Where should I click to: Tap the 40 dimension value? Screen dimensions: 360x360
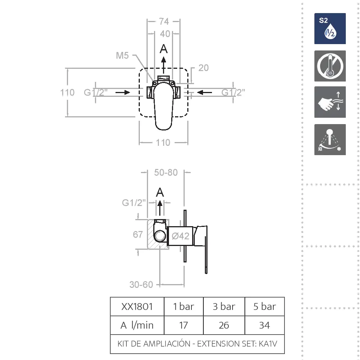[x=165, y=34]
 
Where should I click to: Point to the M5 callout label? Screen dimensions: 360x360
[x=122, y=56]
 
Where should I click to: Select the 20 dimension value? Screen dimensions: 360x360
[x=203, y=68]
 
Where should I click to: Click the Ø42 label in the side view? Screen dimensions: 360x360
[x=181, y=236]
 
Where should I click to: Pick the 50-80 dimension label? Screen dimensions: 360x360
[x=166, y=173]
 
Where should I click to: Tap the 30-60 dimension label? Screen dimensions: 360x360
[x=141, y=284]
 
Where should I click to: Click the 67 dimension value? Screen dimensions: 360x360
[x=138, y=234]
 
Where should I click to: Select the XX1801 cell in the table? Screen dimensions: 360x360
[x=137, y=307]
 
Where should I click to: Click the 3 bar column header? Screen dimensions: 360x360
[x=224, y=307]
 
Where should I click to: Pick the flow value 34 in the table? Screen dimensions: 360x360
[x=264, y=325]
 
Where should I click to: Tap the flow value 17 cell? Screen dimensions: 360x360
[x=183, y=325]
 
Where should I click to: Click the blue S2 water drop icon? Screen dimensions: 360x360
[x=330, y=29]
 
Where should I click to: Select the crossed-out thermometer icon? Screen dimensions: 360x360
[x=330, y=66]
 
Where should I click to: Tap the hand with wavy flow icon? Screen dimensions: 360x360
[x=330, y=102]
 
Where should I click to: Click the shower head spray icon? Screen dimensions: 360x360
[x=330, y=140]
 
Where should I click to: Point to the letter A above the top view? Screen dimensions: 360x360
[x=164, y=49]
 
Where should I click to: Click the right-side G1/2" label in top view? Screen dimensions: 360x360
[x=233, y=92]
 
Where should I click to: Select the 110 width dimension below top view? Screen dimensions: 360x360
[x=163, y=142]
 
